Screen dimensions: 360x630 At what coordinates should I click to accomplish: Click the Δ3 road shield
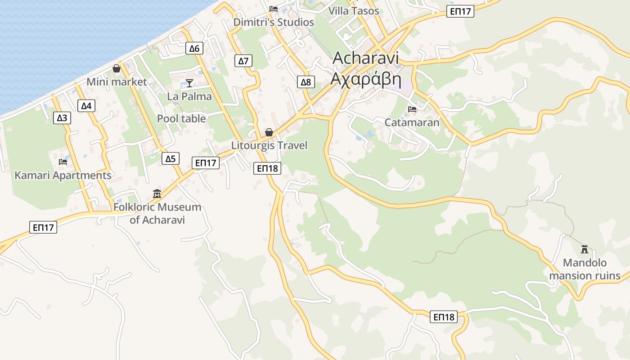point(62,118)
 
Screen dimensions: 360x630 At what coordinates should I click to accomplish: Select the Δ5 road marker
point(170,158)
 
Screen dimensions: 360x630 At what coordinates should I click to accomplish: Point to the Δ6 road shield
point(194,48)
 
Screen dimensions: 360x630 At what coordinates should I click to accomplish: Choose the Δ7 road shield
point(243,61)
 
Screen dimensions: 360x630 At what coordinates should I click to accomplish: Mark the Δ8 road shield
point(306,82)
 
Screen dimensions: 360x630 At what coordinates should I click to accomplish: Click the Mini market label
point(117,82)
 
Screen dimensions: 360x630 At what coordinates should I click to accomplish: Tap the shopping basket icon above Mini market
point(117,68)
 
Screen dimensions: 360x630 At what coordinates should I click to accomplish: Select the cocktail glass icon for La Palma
point(189,83)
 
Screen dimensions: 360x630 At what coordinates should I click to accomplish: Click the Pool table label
point(181,119)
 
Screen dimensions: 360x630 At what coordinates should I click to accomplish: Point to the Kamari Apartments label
point(63,175)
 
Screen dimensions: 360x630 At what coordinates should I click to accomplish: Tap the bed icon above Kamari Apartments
point(63,162)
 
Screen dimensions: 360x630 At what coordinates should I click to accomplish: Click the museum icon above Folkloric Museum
point(157,193)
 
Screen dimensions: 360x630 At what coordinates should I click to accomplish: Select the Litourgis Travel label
point(269,145)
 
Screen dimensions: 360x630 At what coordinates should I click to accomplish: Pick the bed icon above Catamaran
point(412,109)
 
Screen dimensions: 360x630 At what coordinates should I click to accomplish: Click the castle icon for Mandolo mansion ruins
point(585,249)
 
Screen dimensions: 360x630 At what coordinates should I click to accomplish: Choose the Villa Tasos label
point(354,11)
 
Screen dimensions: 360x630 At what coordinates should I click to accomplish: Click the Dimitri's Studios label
point(274,22)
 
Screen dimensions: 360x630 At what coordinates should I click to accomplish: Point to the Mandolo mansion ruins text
point(585,269)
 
